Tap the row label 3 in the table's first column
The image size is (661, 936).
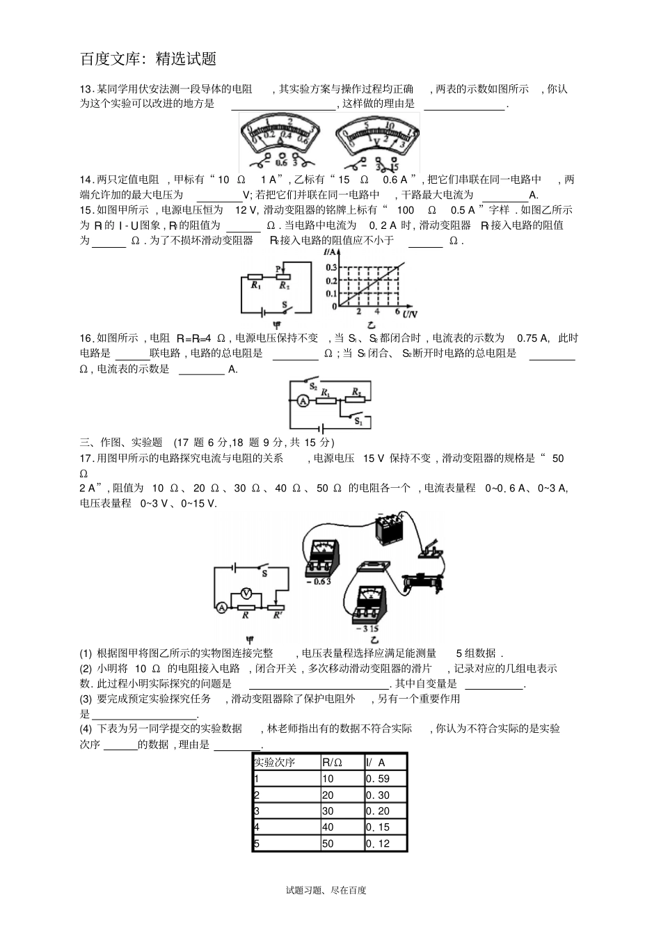pos(257,811)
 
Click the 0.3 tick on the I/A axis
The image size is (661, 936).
pos(331,267)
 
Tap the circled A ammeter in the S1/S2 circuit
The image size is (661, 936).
pos(303,400)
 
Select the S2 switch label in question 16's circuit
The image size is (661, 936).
pos(313,385)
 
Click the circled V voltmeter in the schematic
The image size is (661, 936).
pos(246,592)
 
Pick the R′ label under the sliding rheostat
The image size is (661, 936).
pos(278,615)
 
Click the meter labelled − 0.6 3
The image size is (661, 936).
pos(321,556)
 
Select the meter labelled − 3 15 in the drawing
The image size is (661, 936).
pos(369,603)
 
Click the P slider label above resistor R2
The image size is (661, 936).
pos(278,268)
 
